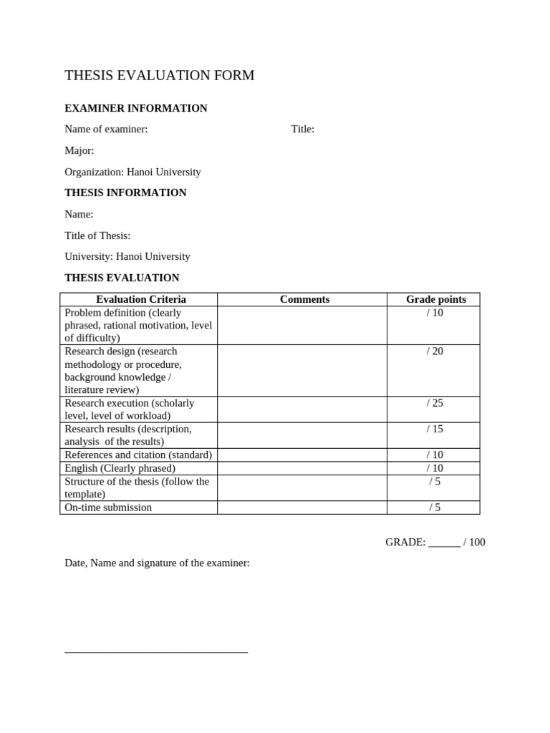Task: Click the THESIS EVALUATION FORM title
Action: (159, 76)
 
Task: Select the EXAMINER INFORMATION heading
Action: (136, 108)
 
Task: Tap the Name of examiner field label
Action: (106, 130)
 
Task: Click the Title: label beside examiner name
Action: (302, 130)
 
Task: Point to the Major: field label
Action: (79, 151)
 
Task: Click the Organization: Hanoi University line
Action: (132, 172)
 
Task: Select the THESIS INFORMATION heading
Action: (125, 193)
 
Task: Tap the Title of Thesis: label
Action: (97, 236)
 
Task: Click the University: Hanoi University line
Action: (127, 256)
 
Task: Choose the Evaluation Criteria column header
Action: (140, 299)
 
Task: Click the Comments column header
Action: (304, 299)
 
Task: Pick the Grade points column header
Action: (435, 299)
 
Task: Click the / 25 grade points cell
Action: (435, 403)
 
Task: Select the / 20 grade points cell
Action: (435, 351)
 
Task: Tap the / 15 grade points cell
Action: (435, 429)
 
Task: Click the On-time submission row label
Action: (108, 508)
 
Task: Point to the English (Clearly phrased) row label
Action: (120, 468)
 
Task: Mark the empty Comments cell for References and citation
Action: (301, 455)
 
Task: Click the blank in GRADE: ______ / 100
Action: (444, 543)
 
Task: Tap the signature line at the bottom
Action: (156, 651)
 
